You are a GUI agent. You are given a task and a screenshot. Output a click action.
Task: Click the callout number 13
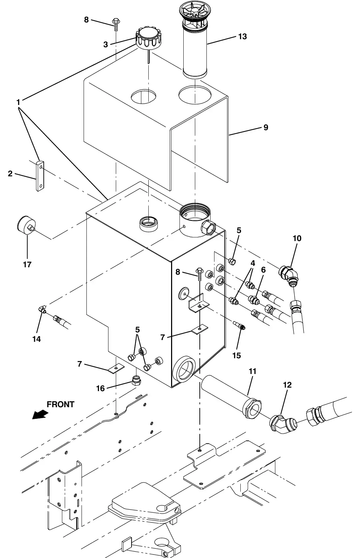[242, 36]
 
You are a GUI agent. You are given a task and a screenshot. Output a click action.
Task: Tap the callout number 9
[266, 127]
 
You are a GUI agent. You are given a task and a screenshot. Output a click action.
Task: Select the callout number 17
[27, 264]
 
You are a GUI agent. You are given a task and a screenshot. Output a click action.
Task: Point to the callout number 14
[36, 339]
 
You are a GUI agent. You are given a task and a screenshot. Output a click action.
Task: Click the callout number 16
[100, 388]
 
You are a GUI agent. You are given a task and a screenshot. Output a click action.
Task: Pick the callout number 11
[252, 371]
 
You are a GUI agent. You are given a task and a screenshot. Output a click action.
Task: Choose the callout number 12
[287, 385]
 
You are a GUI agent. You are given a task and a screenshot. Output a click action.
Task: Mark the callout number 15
[237, 355]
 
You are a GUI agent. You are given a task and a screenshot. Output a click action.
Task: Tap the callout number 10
[297, 238]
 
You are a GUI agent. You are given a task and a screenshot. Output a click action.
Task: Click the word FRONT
[61, 404]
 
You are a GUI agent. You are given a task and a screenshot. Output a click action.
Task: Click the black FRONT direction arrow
[40, 415]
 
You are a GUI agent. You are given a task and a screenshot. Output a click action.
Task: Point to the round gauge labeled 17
[27, 225]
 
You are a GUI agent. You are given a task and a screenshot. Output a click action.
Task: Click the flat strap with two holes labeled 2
[40, 176]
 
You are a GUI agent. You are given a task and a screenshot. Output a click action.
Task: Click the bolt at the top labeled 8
[116, 24]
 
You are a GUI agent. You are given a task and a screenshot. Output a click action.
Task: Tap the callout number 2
[10, 174]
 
